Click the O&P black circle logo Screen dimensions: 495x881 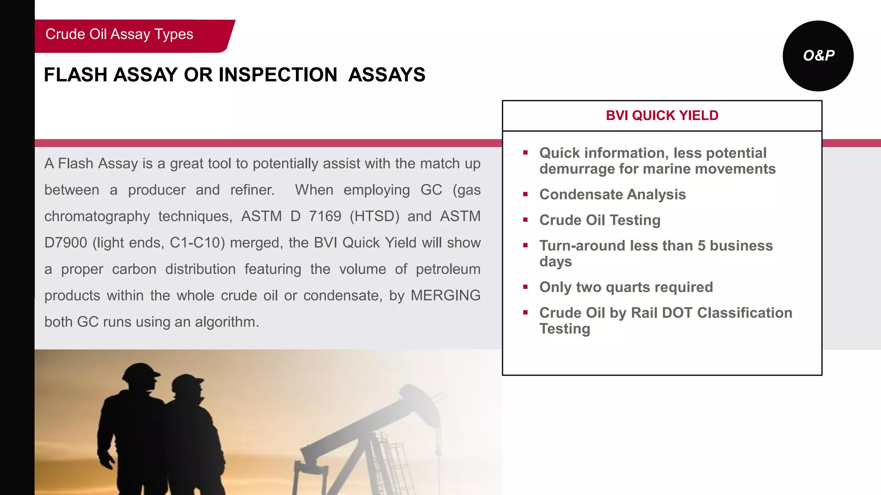[x=818, y=56]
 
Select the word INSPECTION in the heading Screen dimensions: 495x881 [x=278, y=75]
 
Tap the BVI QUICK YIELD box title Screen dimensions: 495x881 [x=662, y=116]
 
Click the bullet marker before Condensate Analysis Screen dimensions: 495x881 [x=525, y=194]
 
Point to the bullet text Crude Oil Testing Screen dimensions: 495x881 [x=600, y=220]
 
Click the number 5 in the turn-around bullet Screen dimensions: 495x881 [x=701, y=246]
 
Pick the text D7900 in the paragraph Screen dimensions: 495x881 [x=65, y=243]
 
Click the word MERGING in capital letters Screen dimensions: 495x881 [x=445, y=296]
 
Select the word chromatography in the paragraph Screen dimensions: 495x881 [x=97, y=216]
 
